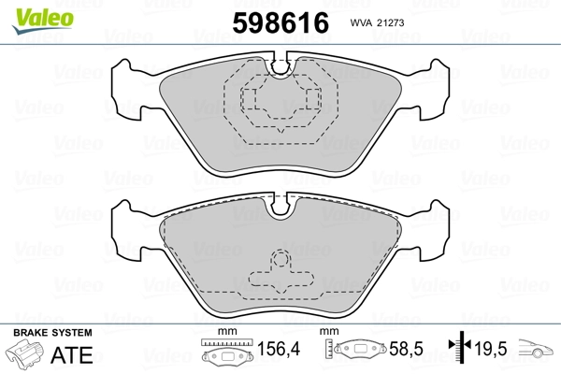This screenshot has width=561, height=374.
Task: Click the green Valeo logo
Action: (x=43, y=21)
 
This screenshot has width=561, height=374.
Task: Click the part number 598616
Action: (x=280, y=22)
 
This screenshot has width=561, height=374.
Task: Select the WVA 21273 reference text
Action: (x=377, y=22)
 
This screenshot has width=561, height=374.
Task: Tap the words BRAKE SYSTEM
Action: (x=52, y=333)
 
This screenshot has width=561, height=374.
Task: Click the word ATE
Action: (x=72, y=354)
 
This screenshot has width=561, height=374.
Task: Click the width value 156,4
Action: (x=279, y=349)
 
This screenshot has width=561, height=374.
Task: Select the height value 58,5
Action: (x=406, y=349)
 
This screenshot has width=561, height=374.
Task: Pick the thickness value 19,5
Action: (x=491, y=349)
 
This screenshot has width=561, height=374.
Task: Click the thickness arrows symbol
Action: (x=460, y=346)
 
